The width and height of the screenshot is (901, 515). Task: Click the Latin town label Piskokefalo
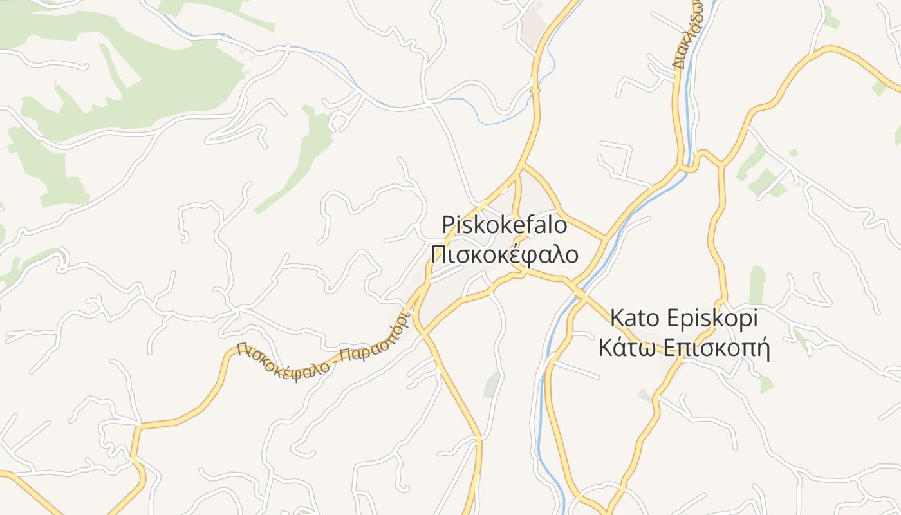[505, 225]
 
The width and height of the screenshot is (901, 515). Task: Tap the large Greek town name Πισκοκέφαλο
[505, 255]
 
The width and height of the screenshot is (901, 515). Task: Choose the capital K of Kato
[616, 319]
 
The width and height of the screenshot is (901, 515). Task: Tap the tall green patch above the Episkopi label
[757, 283]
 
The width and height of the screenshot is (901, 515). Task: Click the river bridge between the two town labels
[579, 294]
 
